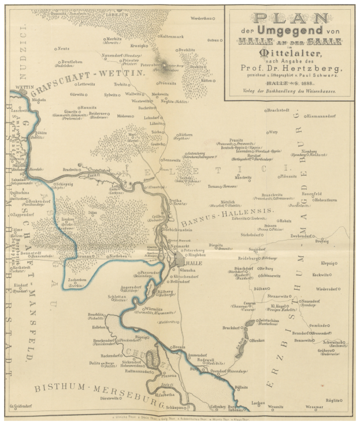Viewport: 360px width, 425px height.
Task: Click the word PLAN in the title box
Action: pyautogui.click(x=289, y=19)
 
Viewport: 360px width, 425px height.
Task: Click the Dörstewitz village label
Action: pyautogui.click(x=113, y=399)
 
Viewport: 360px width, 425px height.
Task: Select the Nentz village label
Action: pyautogui.click(x=64, y=48)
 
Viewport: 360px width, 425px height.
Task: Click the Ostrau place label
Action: pyautogui.click(x=213, y=40)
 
